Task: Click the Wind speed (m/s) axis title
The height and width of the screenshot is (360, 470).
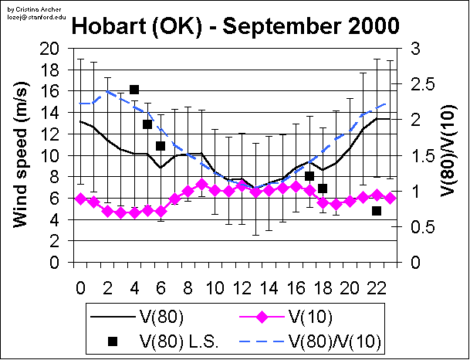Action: pyautogui.click(x=21, y=155)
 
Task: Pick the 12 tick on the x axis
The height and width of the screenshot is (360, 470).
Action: pyautogui.click(x=242, y=286)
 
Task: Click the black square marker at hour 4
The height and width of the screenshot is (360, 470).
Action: pyautogui.click(x=134, y=90)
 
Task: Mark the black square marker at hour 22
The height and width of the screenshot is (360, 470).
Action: pyautogui.click(x=377, y=210)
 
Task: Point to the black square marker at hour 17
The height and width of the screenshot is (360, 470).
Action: pyautogui.click(x=309, y=176)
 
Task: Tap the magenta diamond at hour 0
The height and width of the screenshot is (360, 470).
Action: pyautogui.click(x=80, y=199)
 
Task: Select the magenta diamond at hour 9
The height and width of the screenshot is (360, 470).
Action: pyautogui.click(x=201, y=185)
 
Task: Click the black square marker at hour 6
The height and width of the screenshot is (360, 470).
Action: pyautogui.click(x=161, y=145)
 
